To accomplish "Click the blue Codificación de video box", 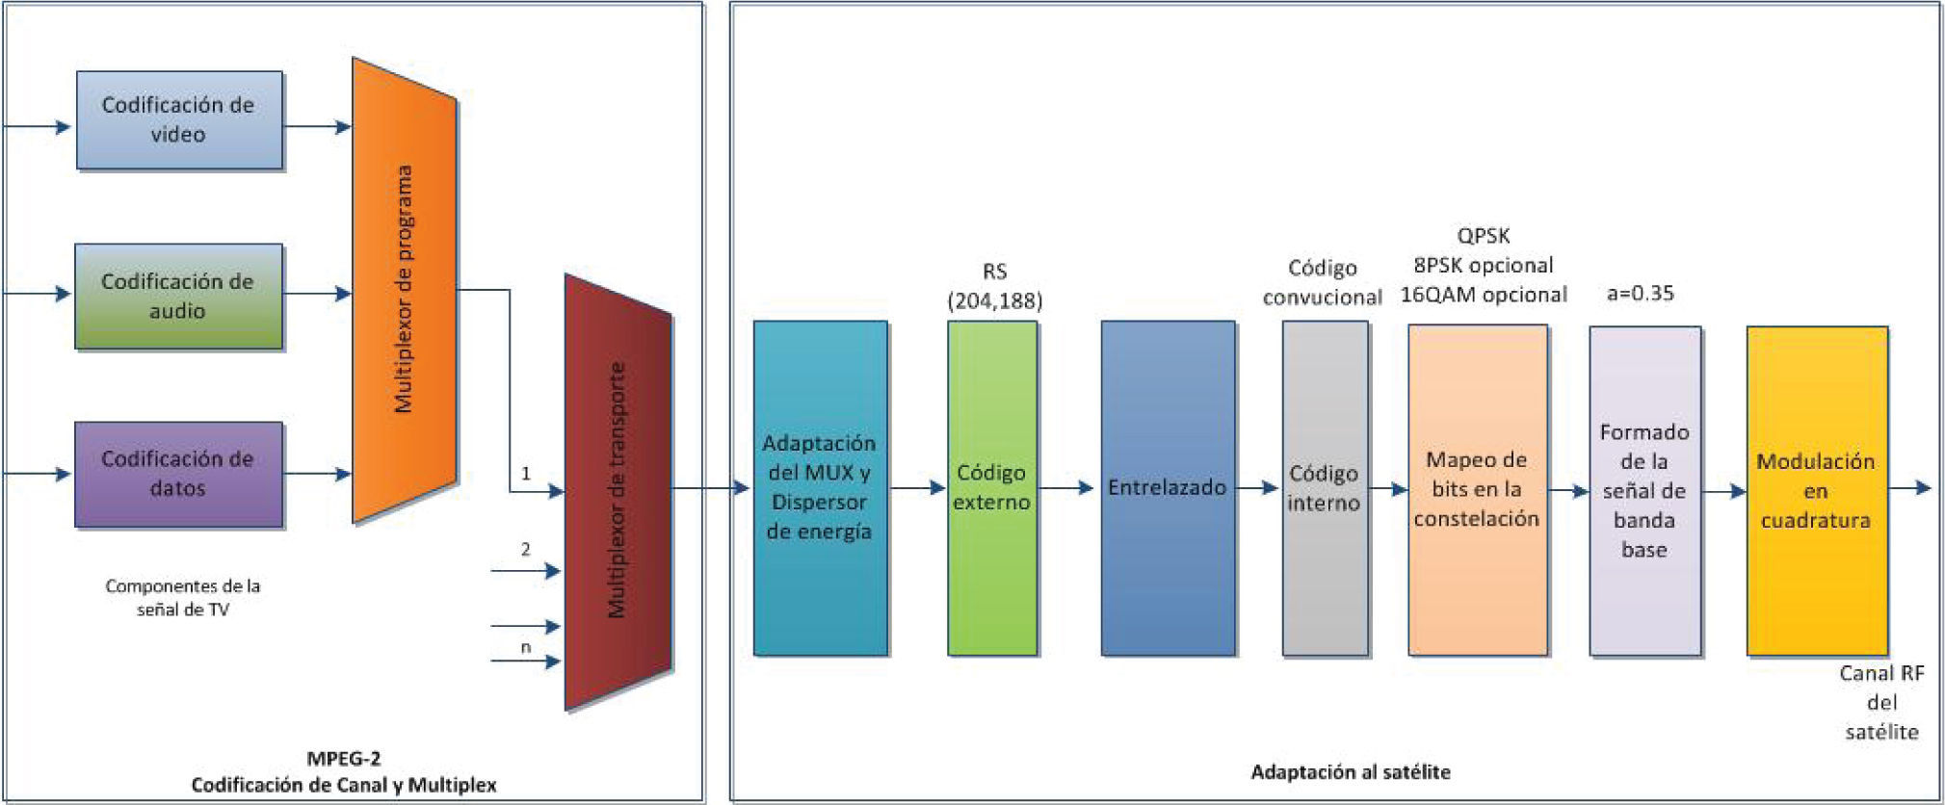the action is click(x=179, y=120).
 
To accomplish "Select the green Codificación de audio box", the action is click(x=178, y=296).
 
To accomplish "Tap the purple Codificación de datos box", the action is click(x=178, y=474).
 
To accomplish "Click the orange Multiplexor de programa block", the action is click(x=404, y=289).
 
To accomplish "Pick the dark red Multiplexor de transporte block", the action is click(x=617, y=491).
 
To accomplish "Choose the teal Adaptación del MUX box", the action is click(x=820, y=488).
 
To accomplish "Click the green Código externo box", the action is click(x=991, y=488).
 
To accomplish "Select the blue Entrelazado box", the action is click(x=1168, y=488).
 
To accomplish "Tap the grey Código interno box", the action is click(x=1324, y=488).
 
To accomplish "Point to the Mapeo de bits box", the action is click(x=1477, y=489).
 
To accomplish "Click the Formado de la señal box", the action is click(x=1643, y=490).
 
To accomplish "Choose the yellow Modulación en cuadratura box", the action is click(x=1816, y=490).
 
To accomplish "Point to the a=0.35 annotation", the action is click(x=1640, y=294).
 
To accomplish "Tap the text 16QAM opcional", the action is click(x=1483, y=295).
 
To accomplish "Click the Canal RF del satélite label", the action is click(x=1880, y=703).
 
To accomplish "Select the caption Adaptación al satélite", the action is click(x=1350, y=771).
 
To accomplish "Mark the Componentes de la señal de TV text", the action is click(x=183, y=597).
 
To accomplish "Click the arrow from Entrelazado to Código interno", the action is click(x=1257, y=488).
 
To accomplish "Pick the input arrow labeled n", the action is click(x=525, y=661).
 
